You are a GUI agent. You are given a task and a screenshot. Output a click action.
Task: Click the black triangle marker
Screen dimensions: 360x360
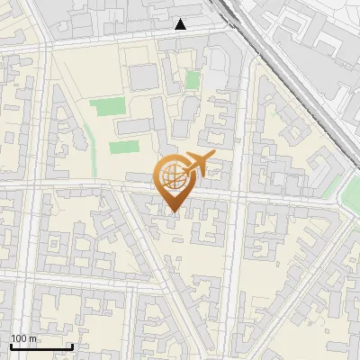181,24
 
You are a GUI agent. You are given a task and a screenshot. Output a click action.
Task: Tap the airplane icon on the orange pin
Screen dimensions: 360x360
197,165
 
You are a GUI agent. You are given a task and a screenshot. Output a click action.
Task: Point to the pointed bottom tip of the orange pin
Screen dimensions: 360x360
173,211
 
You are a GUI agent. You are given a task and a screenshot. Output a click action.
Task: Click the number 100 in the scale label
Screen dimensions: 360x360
19,338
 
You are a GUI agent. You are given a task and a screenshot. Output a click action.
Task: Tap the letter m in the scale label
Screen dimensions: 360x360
34,338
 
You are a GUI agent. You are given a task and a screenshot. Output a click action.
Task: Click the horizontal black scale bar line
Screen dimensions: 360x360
41,346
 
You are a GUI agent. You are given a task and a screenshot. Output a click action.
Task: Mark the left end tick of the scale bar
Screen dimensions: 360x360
11,345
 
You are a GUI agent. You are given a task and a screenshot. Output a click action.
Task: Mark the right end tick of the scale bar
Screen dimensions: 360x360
72,345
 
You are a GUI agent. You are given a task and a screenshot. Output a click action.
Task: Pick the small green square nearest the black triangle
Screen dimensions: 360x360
193,80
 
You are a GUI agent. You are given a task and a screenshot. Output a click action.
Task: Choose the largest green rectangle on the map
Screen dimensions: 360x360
108,107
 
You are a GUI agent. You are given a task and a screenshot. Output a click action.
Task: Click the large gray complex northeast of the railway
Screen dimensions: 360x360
324,45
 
